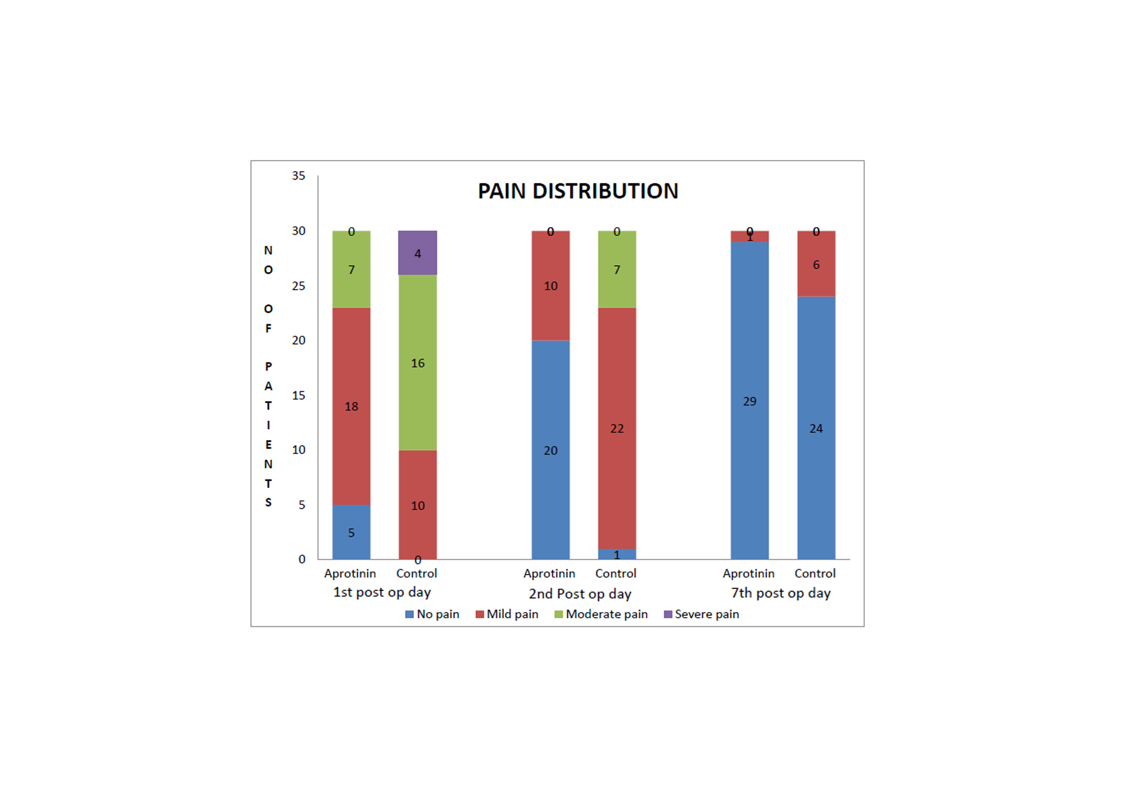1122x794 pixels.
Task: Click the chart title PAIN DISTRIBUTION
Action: (x=578, y=191)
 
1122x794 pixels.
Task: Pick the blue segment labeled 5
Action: (x=351, y=532)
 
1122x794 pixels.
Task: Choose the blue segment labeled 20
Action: (x=550, y=450)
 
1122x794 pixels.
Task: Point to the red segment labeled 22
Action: (x=617, y=428)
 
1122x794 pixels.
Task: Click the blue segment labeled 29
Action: (x=749, y=401)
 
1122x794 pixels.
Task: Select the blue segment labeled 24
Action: (x=816, y=428)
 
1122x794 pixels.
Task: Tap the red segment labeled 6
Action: (x=816, y=264)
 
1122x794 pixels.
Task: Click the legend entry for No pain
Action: (x=433, y=614)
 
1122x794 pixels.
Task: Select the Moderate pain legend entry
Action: (x=601, y=614)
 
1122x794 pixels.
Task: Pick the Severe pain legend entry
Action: (x=701, y=614)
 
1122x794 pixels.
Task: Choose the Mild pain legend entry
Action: (x=507, y=614)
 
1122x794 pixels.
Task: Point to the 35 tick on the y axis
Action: (x=298, y=176)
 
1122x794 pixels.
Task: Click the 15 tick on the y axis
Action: (x=298, y=395)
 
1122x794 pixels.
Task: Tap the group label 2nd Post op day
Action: (x=580, y=593)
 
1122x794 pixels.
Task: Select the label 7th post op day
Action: (x=780, y=593)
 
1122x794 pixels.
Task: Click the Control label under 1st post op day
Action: (x=416, y=573)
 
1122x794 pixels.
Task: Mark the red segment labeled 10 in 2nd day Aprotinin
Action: (x=550, y=286)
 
